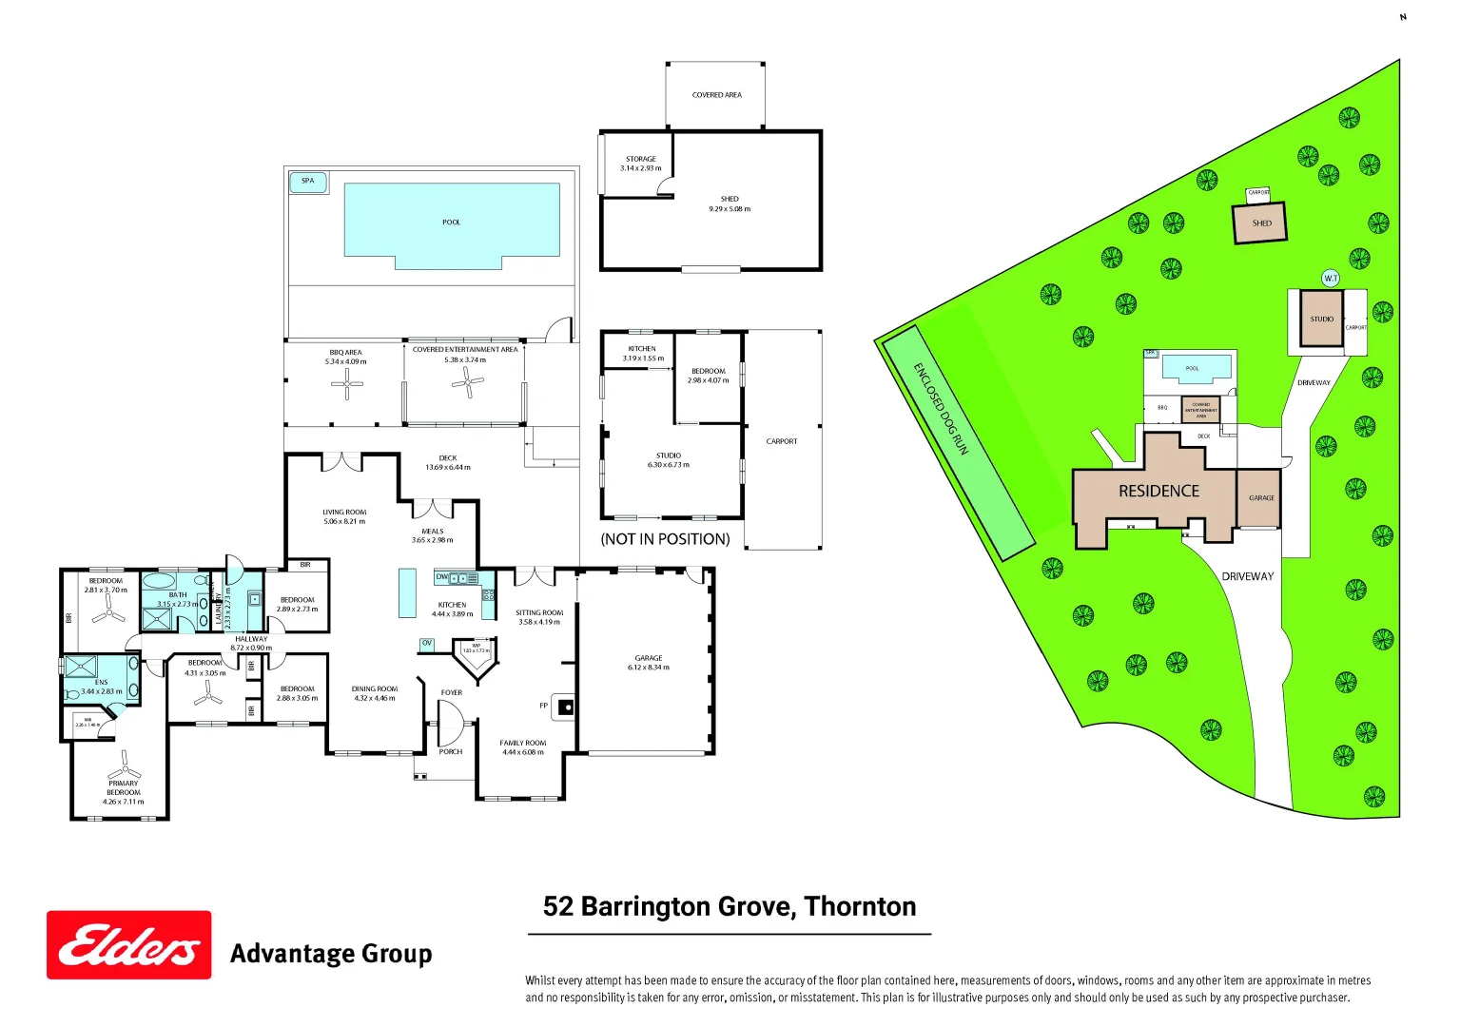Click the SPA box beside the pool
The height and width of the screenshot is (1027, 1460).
(308, 182)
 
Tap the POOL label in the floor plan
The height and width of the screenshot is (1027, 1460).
(451, 223)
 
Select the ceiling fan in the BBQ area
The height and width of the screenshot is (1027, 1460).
(346, 384)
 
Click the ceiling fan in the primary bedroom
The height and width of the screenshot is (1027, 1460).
(124, 765)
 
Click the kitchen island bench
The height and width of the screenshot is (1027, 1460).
(407, 592)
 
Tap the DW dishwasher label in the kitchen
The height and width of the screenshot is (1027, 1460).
(441, 577)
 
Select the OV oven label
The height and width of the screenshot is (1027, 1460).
(427, 644)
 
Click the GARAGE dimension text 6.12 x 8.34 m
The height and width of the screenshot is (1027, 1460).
(649, 668)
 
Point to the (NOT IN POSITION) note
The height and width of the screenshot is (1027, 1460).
(665, 539)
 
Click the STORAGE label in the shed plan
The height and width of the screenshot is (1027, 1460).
(640, 159)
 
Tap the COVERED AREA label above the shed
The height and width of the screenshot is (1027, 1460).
(716, 95)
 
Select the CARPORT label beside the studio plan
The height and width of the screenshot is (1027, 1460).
(782, 441)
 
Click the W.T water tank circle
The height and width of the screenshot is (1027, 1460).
(1331, 279)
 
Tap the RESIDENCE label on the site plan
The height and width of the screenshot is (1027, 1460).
(1158, 492)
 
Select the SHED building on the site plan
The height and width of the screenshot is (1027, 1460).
(1260, 223)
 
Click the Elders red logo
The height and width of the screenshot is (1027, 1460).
(129, 945)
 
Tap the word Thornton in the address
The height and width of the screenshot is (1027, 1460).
(860, 907)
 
